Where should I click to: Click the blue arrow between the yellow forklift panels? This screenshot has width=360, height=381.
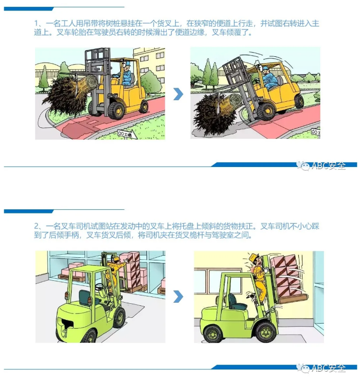coord(178,94)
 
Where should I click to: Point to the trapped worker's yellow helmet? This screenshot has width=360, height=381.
coord(254,257)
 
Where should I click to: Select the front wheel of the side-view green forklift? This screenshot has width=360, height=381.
coord(264,331)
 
